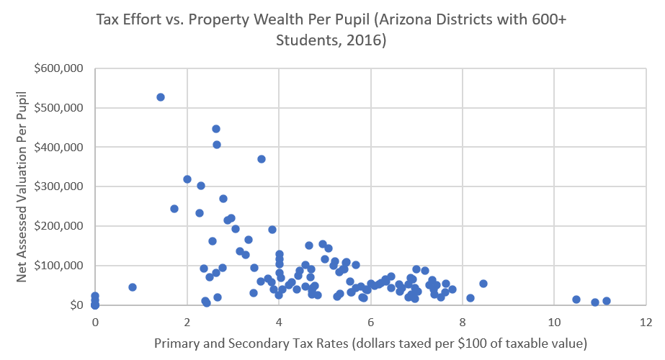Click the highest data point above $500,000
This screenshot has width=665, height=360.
pos(161,97)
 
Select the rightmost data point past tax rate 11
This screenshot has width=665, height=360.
pos(607,301)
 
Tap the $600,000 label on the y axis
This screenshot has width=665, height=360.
pos(59,69)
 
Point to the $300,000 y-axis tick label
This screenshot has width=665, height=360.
pos(59,187)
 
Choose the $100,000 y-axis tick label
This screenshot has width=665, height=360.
pos(59,266)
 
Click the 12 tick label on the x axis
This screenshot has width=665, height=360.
pos(646,321)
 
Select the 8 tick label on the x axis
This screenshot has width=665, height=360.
pos(462,321)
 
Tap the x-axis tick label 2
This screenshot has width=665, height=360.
pos(187,321)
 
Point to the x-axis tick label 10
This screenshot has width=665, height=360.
pos(553,321)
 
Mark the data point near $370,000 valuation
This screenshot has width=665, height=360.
pos(262,159)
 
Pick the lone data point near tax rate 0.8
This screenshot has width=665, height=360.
pos(133,287)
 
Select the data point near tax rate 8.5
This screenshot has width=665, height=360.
pos(483,284)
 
